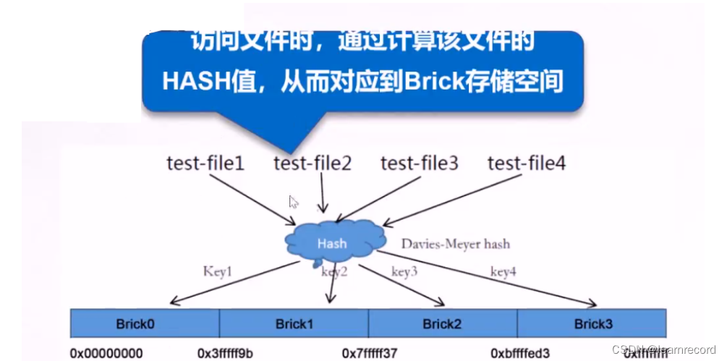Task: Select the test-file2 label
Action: [313, 163]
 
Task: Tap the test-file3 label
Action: [420, 163]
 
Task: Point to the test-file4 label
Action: [527, 163]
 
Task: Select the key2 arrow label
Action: [335, 272]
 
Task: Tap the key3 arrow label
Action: [405, 272]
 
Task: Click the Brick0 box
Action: [145, 323]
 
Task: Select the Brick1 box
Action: [294, 323]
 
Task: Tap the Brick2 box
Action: [443, 323]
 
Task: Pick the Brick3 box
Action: [593, 323]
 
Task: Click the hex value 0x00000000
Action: [106, 353]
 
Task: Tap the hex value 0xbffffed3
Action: [520, 353]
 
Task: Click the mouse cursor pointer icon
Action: [294, 202]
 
